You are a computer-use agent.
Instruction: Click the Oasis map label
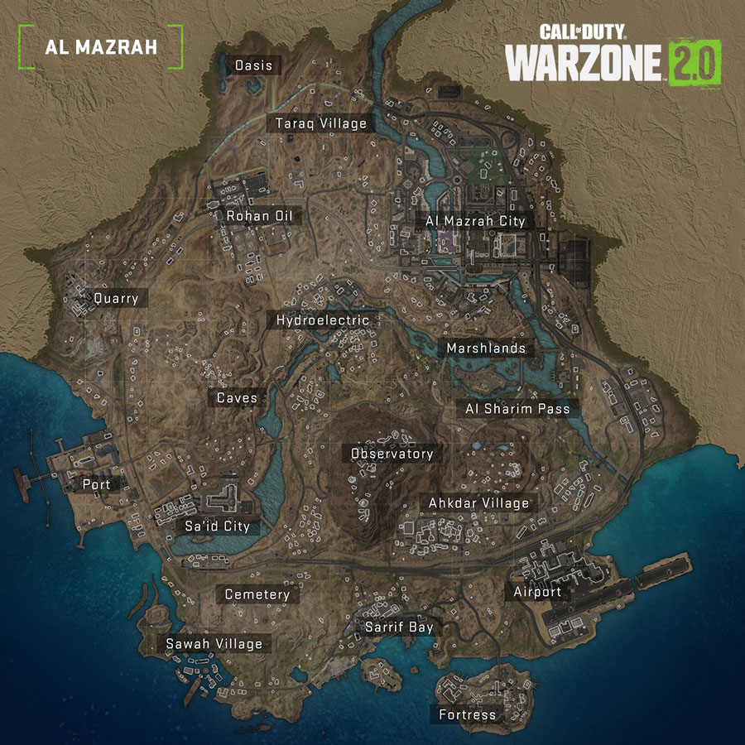253,65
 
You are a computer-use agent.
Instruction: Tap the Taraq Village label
321,123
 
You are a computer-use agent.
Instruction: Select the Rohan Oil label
258,216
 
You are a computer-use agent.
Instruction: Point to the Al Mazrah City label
475,221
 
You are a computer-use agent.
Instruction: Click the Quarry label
116,298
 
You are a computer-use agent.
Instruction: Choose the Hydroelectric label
323,320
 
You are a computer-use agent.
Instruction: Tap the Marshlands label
486,348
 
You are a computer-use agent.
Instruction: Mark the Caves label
237,397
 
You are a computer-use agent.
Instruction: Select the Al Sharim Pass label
517,409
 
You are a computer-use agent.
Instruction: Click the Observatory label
392,454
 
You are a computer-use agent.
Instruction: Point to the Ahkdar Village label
478,502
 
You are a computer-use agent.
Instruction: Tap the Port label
96,484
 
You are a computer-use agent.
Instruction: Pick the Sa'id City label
217,526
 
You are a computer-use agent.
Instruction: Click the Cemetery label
257,594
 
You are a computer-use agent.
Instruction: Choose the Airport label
537,591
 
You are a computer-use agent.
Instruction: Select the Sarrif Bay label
400,627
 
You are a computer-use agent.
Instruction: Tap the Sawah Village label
214,643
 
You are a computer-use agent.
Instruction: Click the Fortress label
469,714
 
